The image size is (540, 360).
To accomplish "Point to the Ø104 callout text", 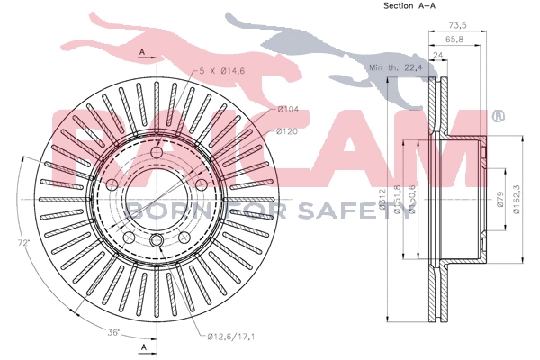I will pos(287,109).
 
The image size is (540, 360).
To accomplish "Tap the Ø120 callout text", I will pos(287,131).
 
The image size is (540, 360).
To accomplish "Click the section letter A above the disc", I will pos(142,53).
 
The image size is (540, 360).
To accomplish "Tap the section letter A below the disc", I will pos(142,346).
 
